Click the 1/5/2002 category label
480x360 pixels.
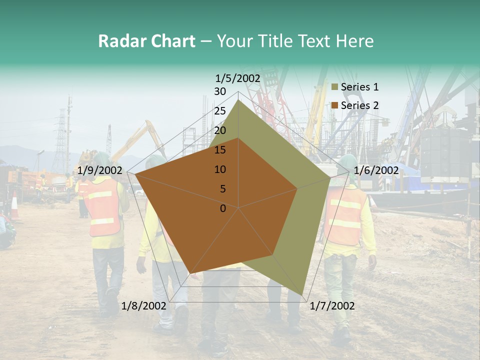point(238,78)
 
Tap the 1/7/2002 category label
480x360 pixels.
point(332,306)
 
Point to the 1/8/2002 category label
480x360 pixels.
point(144,306)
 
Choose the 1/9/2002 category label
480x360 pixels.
point(100,170)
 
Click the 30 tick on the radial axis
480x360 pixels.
point(220,91)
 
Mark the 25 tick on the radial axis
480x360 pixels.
point(220,111)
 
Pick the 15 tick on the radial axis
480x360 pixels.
point(220,150)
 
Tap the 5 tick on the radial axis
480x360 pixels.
point(223,189)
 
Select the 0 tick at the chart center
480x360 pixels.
point(223,208)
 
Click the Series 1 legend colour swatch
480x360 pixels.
point(335,87)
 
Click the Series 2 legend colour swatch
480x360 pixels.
point(335,105)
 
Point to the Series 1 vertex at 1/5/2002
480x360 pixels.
point(238,99)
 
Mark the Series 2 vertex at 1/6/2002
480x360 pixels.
point(297,188)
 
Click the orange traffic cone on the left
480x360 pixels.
point(14,205)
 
